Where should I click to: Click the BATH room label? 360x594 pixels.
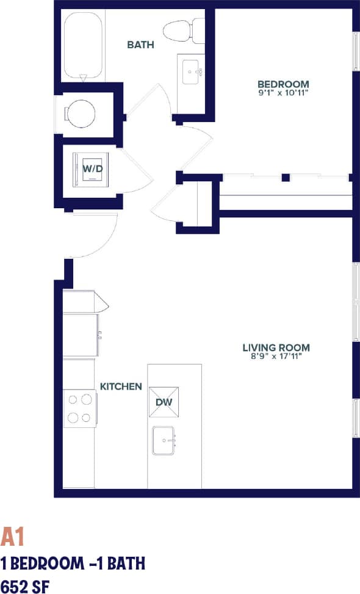(140, 45)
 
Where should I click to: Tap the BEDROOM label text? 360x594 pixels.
(283, 84)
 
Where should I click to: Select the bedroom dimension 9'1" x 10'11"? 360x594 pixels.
(283, 93)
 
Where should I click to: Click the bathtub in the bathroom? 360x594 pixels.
(82, 46)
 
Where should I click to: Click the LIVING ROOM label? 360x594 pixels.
(276, 348)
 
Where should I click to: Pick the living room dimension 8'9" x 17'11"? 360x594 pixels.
(276, 357)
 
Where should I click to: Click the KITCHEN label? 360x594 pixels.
(121, 386)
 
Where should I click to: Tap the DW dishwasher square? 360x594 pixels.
(163, 402)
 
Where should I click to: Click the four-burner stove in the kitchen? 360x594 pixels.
(79, 409)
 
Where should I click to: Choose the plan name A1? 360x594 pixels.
(12, 537)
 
